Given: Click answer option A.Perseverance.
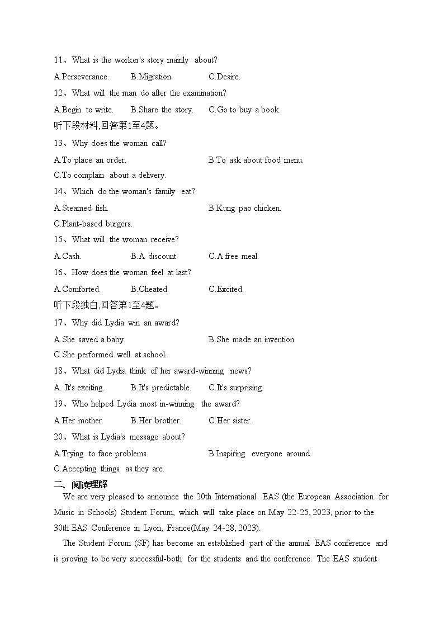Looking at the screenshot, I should coord(81,77).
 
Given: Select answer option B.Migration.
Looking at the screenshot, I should coord(152,77).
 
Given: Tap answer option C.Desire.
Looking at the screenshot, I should coord(224,77).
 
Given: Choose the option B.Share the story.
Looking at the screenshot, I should coord(162,110).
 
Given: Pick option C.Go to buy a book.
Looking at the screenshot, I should coord(244,110).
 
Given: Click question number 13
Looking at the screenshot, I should coord(58,143).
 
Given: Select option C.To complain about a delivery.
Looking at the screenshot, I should coord(110,175).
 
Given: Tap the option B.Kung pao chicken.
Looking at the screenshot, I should coord(245,208).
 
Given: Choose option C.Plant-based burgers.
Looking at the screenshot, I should coord(93,224).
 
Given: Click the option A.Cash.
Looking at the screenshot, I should coord(67,256).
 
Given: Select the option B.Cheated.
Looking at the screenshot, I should coord(149,289).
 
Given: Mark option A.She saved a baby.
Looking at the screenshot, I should coord(89,339).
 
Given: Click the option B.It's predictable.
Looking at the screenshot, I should coord(160,388).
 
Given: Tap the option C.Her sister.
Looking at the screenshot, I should coord(230,421).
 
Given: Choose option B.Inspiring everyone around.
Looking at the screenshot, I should coord(260,454).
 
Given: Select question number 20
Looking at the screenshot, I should coord(58,437).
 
